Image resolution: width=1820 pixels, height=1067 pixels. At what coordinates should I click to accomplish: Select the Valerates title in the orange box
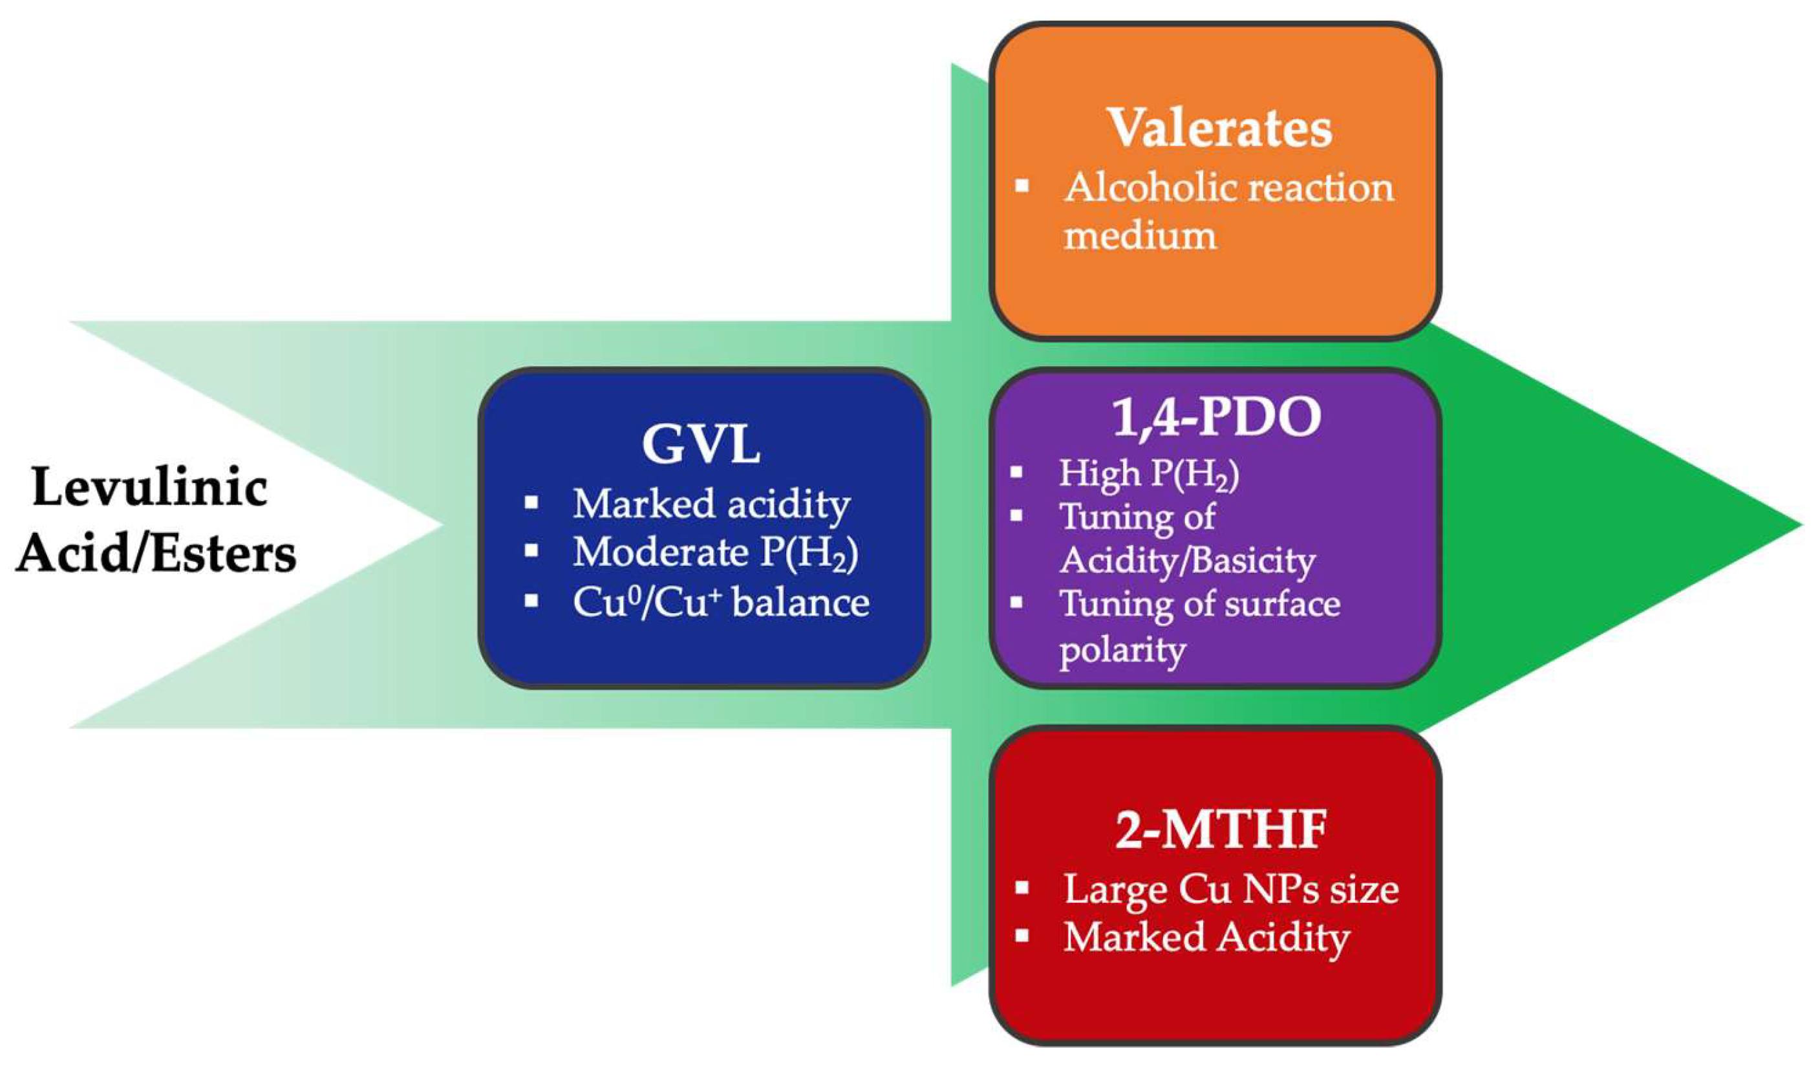[x=1220, y=129]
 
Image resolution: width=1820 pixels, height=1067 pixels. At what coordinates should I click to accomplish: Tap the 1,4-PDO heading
[x=1217, y=418]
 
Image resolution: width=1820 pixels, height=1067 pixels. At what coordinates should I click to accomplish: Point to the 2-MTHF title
[x=1221, y=831]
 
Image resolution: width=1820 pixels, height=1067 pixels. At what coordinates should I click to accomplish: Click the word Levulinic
[x=149, y=488]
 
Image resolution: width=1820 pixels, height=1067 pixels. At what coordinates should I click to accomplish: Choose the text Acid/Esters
[x=156, y=554]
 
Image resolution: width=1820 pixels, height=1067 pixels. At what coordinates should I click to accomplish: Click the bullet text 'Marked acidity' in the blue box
[x=711, y=504]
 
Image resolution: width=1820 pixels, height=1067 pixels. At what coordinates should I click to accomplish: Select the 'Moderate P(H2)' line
[x=715, y=554]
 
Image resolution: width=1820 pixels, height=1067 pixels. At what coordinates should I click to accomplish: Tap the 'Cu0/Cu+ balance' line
[x=721, y=603]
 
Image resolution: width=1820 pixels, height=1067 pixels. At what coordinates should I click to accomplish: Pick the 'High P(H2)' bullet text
[x=1148, y=474]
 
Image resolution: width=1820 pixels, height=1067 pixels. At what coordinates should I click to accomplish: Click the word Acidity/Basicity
[x=1187, y=561]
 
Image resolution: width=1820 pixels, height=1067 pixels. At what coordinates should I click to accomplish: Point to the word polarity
[x=1122, y=650]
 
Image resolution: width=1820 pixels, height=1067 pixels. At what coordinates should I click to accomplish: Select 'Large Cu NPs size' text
[x=1230, y=889]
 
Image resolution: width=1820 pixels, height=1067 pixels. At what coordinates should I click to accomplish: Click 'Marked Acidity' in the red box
[x=1206, y=938]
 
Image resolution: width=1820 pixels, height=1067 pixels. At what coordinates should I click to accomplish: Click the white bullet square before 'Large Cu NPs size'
[x=1022, y=887]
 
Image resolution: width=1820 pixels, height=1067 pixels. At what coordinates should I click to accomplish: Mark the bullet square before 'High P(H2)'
[x=1017, y=473]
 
